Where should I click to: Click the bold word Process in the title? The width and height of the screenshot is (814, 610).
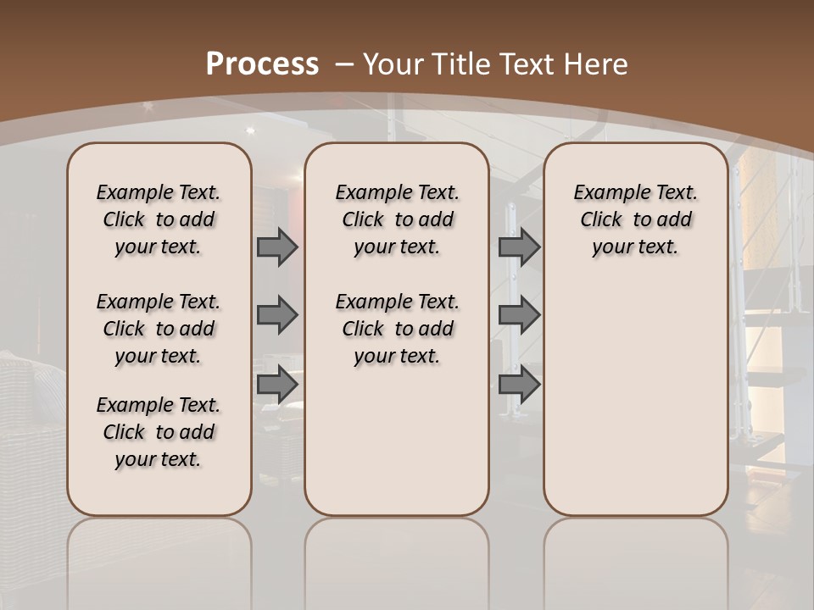pos(263,64)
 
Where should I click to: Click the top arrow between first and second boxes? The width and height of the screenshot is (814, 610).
pos(277,247)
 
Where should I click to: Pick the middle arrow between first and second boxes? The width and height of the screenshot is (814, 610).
pos(277,316)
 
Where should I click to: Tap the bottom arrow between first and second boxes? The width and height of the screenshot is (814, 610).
pos(277,385)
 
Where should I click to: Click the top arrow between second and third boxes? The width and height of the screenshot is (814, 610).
pos(519,247)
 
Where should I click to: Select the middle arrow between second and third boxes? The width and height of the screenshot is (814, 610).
pos(519,316)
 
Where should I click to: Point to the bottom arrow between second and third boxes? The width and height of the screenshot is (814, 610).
pos(519,385)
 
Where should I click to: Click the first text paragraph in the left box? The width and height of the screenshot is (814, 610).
pos(159,219)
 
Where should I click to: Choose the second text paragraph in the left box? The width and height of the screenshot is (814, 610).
pos(159,329)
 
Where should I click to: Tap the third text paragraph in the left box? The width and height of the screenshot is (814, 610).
pos(159,432)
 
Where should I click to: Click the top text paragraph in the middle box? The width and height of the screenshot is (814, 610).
pos(397,219)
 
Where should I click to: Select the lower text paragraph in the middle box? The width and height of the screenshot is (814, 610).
pos(397,329)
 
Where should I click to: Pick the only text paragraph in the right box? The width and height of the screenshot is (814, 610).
pos(635,219)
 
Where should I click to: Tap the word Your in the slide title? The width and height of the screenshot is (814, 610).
pos(394,64)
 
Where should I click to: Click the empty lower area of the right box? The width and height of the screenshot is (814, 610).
pos(635,398)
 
